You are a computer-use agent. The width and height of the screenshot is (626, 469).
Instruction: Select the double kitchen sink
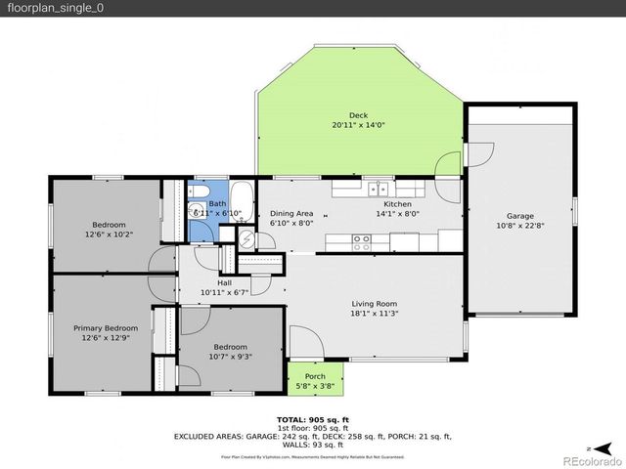pos(380,188)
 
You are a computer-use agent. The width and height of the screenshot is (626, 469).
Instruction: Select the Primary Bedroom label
pos(106,328)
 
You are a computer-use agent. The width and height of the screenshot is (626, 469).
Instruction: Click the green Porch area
pos(315,376)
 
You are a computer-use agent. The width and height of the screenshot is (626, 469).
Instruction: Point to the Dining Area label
pos(291,213)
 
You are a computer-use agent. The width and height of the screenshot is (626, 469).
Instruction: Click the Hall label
pos(224,282)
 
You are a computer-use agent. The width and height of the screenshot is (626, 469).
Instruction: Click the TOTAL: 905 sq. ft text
pos(312,418)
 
